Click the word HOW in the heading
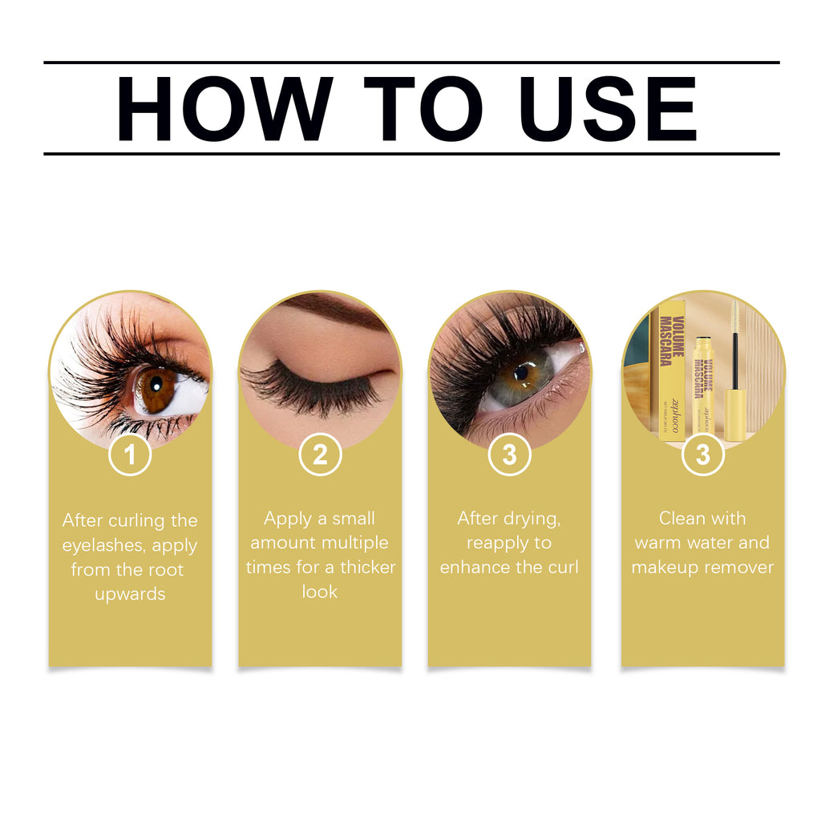(224, 108)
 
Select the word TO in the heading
(422, 108)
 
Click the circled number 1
(130, 455)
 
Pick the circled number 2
(320, 455)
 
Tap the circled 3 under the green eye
(509, 455)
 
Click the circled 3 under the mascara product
(703, 455)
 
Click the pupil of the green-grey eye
(522, 372)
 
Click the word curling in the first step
(134, 521)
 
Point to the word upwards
(130, 594)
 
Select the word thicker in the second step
(367, 568)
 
